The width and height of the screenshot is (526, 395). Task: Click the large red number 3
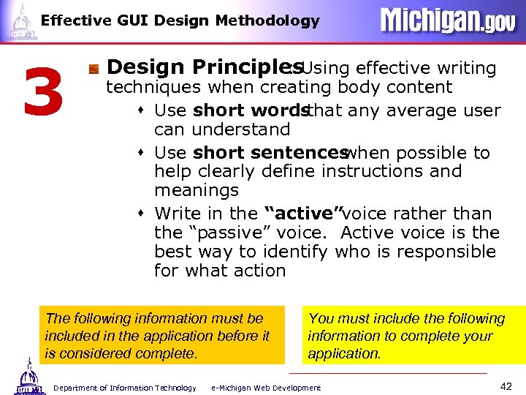[43, 94]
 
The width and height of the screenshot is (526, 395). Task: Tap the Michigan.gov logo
[448, 20]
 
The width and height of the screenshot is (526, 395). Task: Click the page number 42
[505, 386]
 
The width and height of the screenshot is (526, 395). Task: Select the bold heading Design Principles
[196, 67]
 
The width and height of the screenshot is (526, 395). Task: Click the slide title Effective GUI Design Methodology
[180, 20]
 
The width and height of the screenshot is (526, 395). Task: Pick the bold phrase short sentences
[269, 153]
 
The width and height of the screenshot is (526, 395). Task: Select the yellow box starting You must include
[413, 336]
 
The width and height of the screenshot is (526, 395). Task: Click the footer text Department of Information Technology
[125, 388]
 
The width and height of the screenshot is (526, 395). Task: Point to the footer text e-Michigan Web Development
[266, 388]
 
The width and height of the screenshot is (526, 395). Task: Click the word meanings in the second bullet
[196, 190]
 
